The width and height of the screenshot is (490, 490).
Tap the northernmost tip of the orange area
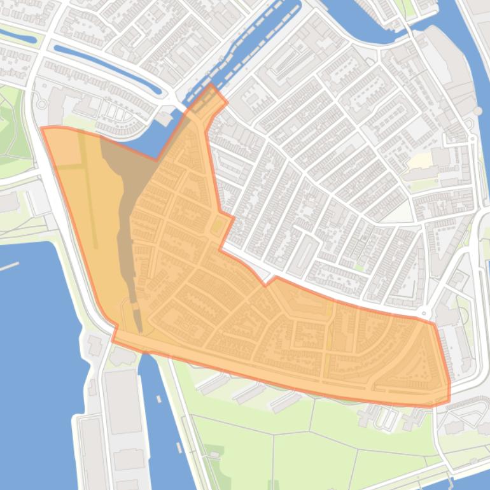[x=211, y=85]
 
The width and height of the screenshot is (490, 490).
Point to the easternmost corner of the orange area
[x=449, y=384]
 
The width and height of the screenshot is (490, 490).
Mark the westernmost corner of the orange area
[x=42, y=128]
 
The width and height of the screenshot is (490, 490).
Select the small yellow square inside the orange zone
[x=217, y=224]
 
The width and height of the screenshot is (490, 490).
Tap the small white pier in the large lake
[x=9, y=266]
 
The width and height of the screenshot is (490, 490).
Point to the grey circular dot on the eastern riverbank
[x=477, y=111]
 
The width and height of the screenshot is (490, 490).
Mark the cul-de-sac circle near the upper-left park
[x=43, y=103]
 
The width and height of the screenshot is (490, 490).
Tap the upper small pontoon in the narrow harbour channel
[x=158, y=400]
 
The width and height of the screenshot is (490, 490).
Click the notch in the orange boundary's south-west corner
[x=115, y=331]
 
